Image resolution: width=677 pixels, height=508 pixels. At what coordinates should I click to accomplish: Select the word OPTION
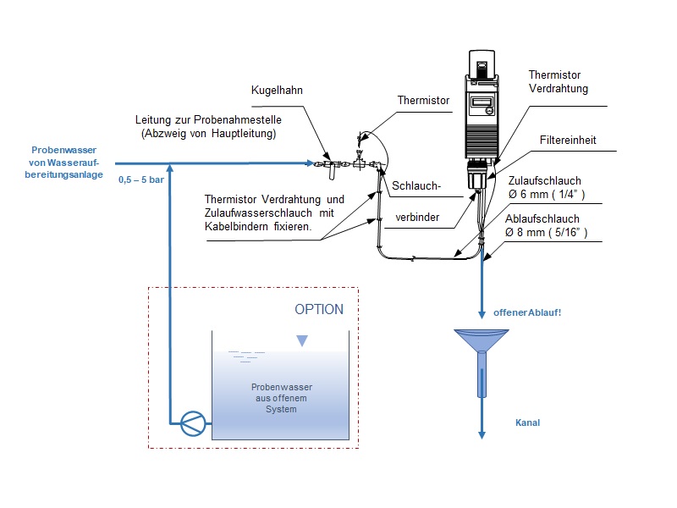319,309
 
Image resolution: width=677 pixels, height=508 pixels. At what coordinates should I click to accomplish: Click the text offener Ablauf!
527,312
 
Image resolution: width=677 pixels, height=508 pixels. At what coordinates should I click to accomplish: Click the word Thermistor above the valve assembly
424,100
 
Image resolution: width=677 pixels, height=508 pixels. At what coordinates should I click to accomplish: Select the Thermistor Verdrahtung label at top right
558,81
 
